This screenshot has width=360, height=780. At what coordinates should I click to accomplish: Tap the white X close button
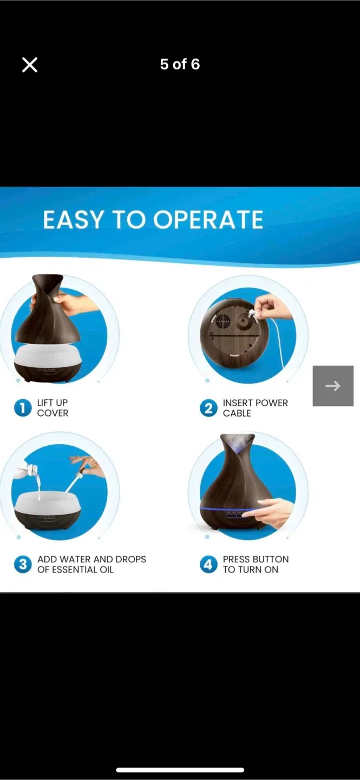tap(30, 65)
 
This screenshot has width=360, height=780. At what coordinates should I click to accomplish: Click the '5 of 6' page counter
tap(180, 64)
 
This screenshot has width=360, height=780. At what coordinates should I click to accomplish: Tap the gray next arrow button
tap(333, 386)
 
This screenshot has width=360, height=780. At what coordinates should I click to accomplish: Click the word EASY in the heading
tap(73, 220)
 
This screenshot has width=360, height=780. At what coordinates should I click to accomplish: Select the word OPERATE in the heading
tap(208, 220)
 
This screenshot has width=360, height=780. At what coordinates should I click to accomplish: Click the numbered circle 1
tap(23, 408)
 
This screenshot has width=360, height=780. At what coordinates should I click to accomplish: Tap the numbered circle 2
tap(208, 408)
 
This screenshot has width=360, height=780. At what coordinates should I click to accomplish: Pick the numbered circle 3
tap(23, 564)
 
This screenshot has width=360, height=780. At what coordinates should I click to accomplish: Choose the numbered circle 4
tap(208, 564)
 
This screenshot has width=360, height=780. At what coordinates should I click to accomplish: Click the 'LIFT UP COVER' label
tap(53, 408)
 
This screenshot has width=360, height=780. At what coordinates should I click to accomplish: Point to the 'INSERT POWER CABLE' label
tap(255, 408)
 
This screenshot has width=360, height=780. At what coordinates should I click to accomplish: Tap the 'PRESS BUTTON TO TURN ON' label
tap(256, 564)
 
